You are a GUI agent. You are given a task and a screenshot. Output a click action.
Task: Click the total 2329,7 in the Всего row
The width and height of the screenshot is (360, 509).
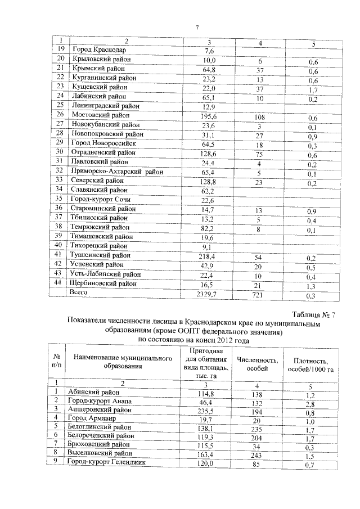coord(209,294)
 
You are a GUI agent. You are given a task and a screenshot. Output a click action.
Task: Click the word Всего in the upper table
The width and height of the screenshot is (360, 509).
coord(80,293)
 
